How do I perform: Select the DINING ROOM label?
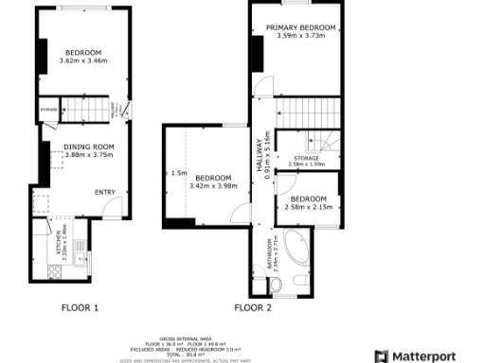pos(89,147)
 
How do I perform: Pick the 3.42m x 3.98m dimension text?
pos(210,185)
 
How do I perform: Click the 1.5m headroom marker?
pos(179,173)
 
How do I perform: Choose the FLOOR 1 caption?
pos(80,308)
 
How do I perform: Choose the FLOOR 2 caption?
pos(253,308)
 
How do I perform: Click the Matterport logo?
pos(422,355)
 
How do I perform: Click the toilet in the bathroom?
pos(299,280)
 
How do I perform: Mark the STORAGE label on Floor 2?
pos(305,158)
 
